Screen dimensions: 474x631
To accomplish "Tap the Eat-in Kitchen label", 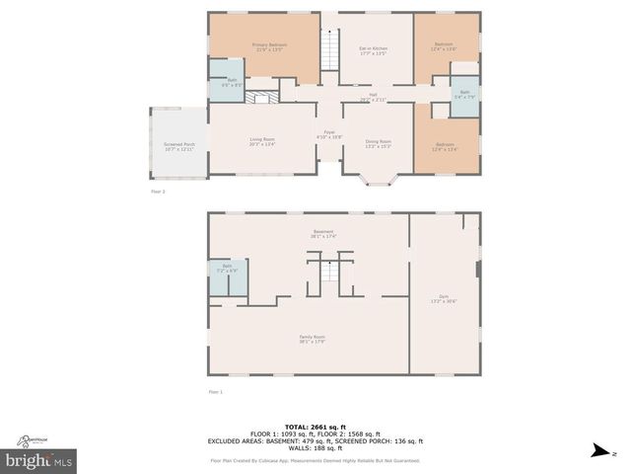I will pos(372,50).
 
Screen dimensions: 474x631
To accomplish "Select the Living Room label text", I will pos(261,141).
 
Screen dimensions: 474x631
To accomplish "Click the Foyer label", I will pos(329,133).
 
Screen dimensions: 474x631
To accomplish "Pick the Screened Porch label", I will pos(178,145).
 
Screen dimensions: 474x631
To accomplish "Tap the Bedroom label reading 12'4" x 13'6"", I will pos(444,47).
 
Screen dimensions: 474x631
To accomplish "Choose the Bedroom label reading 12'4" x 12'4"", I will pos(445,147).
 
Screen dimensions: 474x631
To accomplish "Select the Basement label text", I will pos(323,234).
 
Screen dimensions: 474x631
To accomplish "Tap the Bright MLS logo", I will pos(39,461).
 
